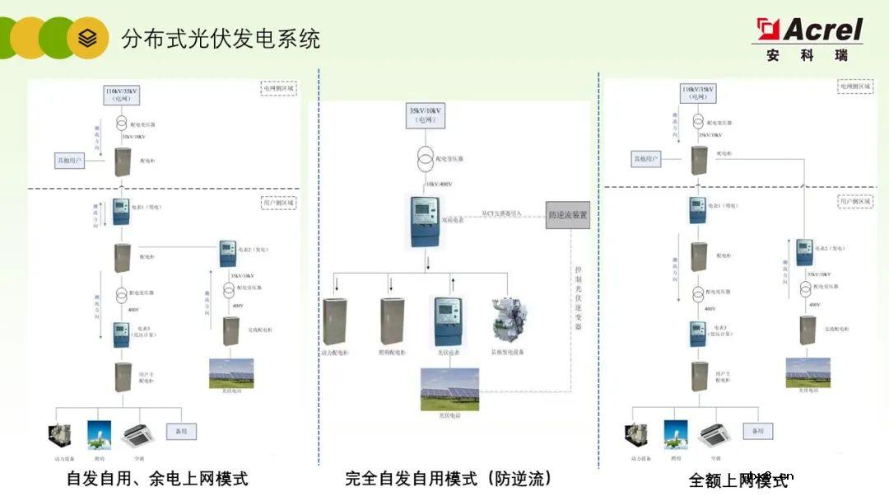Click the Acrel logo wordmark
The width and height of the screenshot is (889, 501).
[x=821, y=30]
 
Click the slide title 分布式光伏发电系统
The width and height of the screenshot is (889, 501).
[x=221, y=39]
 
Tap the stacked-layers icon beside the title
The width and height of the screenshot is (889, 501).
[x=88, y=38]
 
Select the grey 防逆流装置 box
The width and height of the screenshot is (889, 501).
[x=568, y=216]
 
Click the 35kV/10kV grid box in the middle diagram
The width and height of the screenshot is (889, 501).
[x=426, y=115]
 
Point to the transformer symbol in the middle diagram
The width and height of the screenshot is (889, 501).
[x=426, y=157]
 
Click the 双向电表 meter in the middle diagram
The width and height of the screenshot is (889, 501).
[x=425, y=222]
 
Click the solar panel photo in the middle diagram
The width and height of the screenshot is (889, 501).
[x=449, y=389]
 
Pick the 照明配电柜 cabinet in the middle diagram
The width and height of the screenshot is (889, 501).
[x=392, y=321]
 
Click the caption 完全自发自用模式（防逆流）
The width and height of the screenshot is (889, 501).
[x=449, y=478]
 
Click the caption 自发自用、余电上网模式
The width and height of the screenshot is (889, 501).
[x=157, y=478]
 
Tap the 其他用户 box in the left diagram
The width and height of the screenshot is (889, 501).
[x=69, y=160]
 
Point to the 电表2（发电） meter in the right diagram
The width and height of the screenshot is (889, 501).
[x=804, y=252]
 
